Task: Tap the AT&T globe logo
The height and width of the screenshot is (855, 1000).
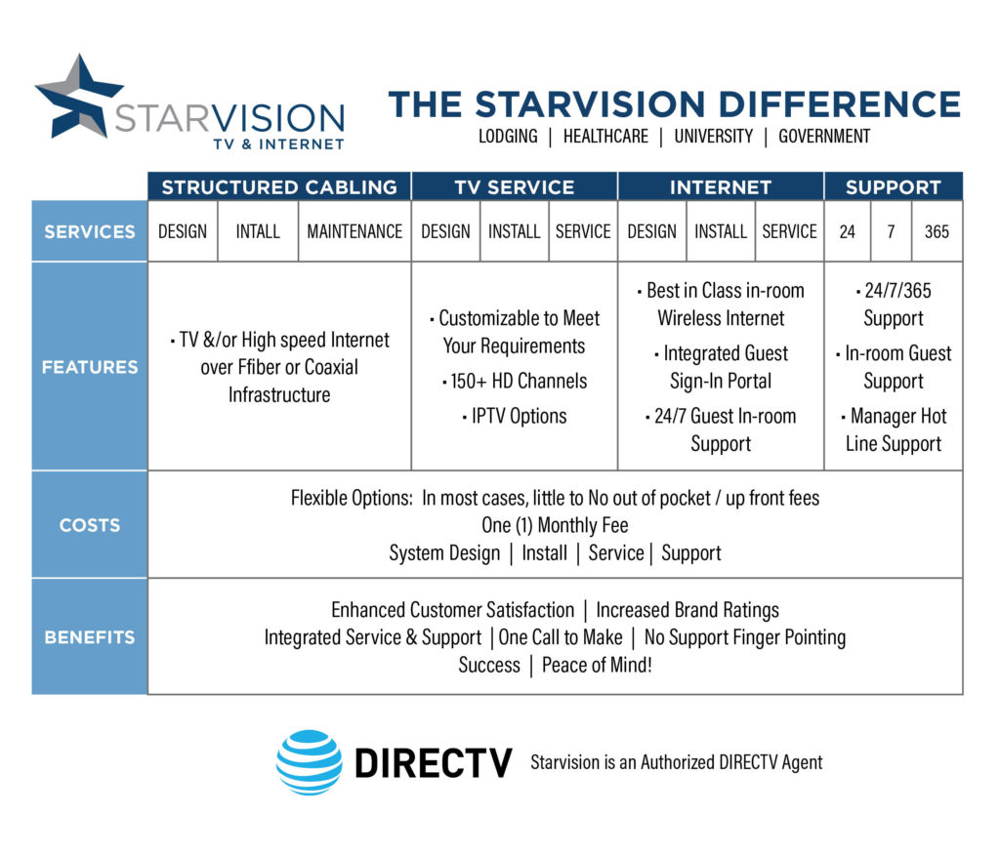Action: [309, 762]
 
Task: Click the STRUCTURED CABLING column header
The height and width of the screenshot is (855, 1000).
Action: [279, 187]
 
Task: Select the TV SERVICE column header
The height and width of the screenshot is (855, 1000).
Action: [515, 187]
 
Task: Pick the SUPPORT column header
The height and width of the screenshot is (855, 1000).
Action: [893, 187]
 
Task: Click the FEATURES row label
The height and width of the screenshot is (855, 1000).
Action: [90, 367]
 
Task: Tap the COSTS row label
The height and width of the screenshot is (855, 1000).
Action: [90, 525]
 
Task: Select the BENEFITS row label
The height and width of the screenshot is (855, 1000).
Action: [90, 637]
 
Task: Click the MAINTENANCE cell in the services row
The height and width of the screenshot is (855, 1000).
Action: [354, 231]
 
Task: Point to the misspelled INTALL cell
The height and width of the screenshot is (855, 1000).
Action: [258, 231]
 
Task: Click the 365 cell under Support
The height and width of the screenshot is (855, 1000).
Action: [937, 231]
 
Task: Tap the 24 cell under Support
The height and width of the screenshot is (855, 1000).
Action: [848, 231]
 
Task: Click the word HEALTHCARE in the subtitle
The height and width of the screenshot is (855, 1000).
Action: [605, 137]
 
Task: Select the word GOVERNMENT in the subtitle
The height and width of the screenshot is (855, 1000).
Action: [824, 137]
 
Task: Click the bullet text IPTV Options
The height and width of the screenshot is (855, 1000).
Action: [515, 416]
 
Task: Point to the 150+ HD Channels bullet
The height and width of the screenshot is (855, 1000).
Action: [515, 381]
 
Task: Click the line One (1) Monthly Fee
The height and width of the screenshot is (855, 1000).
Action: [555, 525]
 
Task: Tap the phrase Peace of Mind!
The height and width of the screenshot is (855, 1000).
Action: [597, 665]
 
